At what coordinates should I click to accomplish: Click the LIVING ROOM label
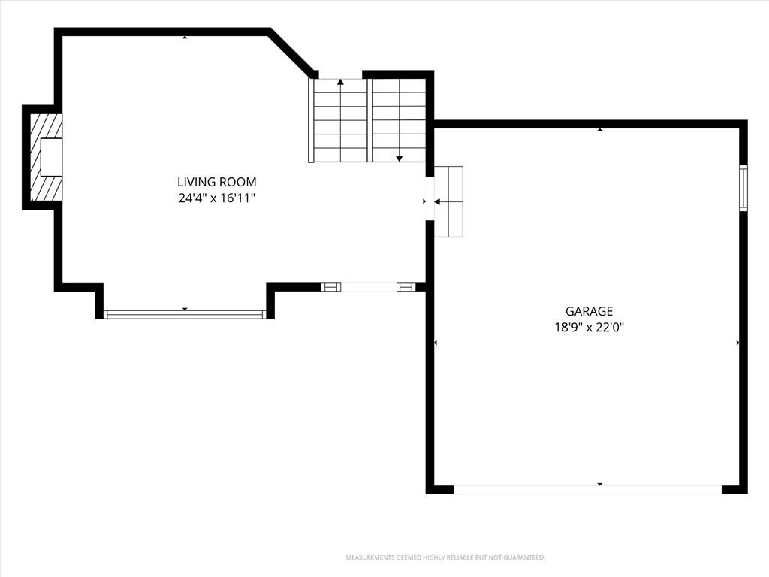pos(217,182)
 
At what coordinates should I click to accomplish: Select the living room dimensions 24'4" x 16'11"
pos(217,198)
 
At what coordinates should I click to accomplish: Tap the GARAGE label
pos(589,311)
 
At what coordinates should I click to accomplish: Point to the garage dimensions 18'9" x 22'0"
pos(589,328)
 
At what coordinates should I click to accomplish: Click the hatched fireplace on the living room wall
pos(47,157)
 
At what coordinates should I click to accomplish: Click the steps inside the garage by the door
pos(449,201)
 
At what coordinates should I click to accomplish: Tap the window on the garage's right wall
pos(743,188)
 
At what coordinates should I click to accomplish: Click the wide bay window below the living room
pos(185,315)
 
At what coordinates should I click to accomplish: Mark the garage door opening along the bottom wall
pos(587,489)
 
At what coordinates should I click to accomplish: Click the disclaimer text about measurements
pos(445,558)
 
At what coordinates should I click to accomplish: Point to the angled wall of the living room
pos(291,53)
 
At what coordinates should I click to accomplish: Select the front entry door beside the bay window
pos(368,288)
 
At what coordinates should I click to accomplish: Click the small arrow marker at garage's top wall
pos(600,129)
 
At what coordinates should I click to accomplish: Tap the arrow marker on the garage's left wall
pos(436,343)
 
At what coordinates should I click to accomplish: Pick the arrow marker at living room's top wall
pos(185,37)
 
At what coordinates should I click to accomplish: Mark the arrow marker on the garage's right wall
pos(738,343)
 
